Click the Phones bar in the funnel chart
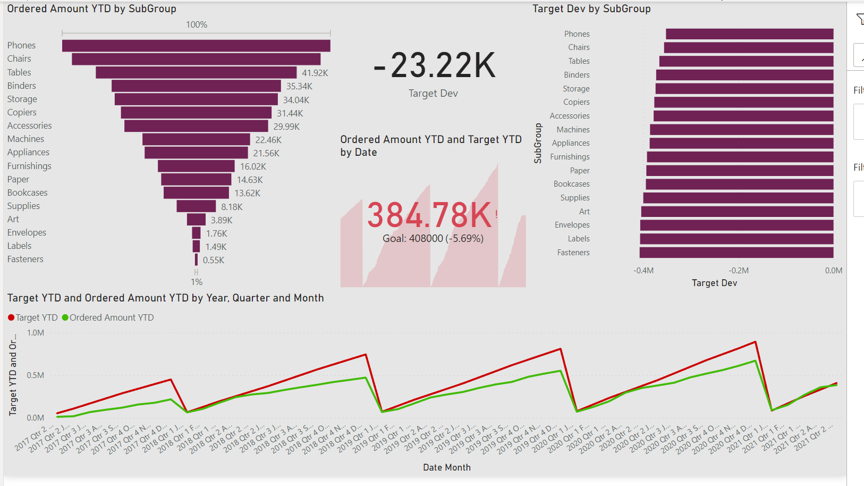click(x=196, y=46)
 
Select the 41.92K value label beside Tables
click(x=315, y=73)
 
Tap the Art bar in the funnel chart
click(x=196, y=220)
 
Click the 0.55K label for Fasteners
click(x=214, y=260)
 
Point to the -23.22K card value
click(x=434, y=66)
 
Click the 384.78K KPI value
click(x=429, y=215)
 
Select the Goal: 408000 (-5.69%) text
click(x=433, y=239)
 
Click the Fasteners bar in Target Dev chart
click(x=736, y=253)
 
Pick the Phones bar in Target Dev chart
click(x=749, y=34)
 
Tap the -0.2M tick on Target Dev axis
click(x=739, y=271)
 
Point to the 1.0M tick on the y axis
click(x=36, y=333)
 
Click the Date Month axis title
click(x=447, y=467)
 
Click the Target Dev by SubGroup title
click(x=591, y=9)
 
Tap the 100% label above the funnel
click(x=197, y=25)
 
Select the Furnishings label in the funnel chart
click(x=29, y=166)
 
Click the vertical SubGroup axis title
click(x=538, y=143)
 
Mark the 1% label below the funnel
click(x=197, y=282)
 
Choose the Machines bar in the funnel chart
click(x=196, y=139)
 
